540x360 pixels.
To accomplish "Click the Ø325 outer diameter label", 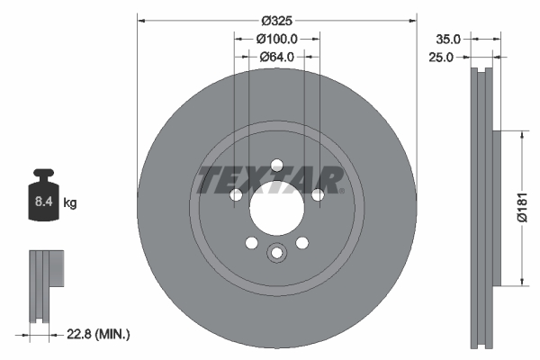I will (x=277, y=20).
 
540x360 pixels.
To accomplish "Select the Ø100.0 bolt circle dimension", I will (x=277, y=39).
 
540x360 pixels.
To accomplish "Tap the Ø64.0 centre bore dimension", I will (x=278, y=58).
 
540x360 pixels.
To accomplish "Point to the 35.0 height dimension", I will (x=448, y=39).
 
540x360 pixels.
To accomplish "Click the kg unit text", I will (x=70, y=203).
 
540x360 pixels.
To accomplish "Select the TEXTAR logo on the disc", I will (x=271, y=180).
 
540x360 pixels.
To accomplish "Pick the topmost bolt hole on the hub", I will (x=277, y=165).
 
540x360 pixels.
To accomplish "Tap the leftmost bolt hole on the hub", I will (x=237, y=195).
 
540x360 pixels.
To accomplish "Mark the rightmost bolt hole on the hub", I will (x=318, y=195).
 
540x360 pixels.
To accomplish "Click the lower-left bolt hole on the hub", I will (x=252, y=242).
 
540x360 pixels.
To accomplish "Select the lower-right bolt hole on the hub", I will (x=302, y=242).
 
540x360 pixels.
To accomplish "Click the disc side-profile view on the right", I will (x=481, y=208).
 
